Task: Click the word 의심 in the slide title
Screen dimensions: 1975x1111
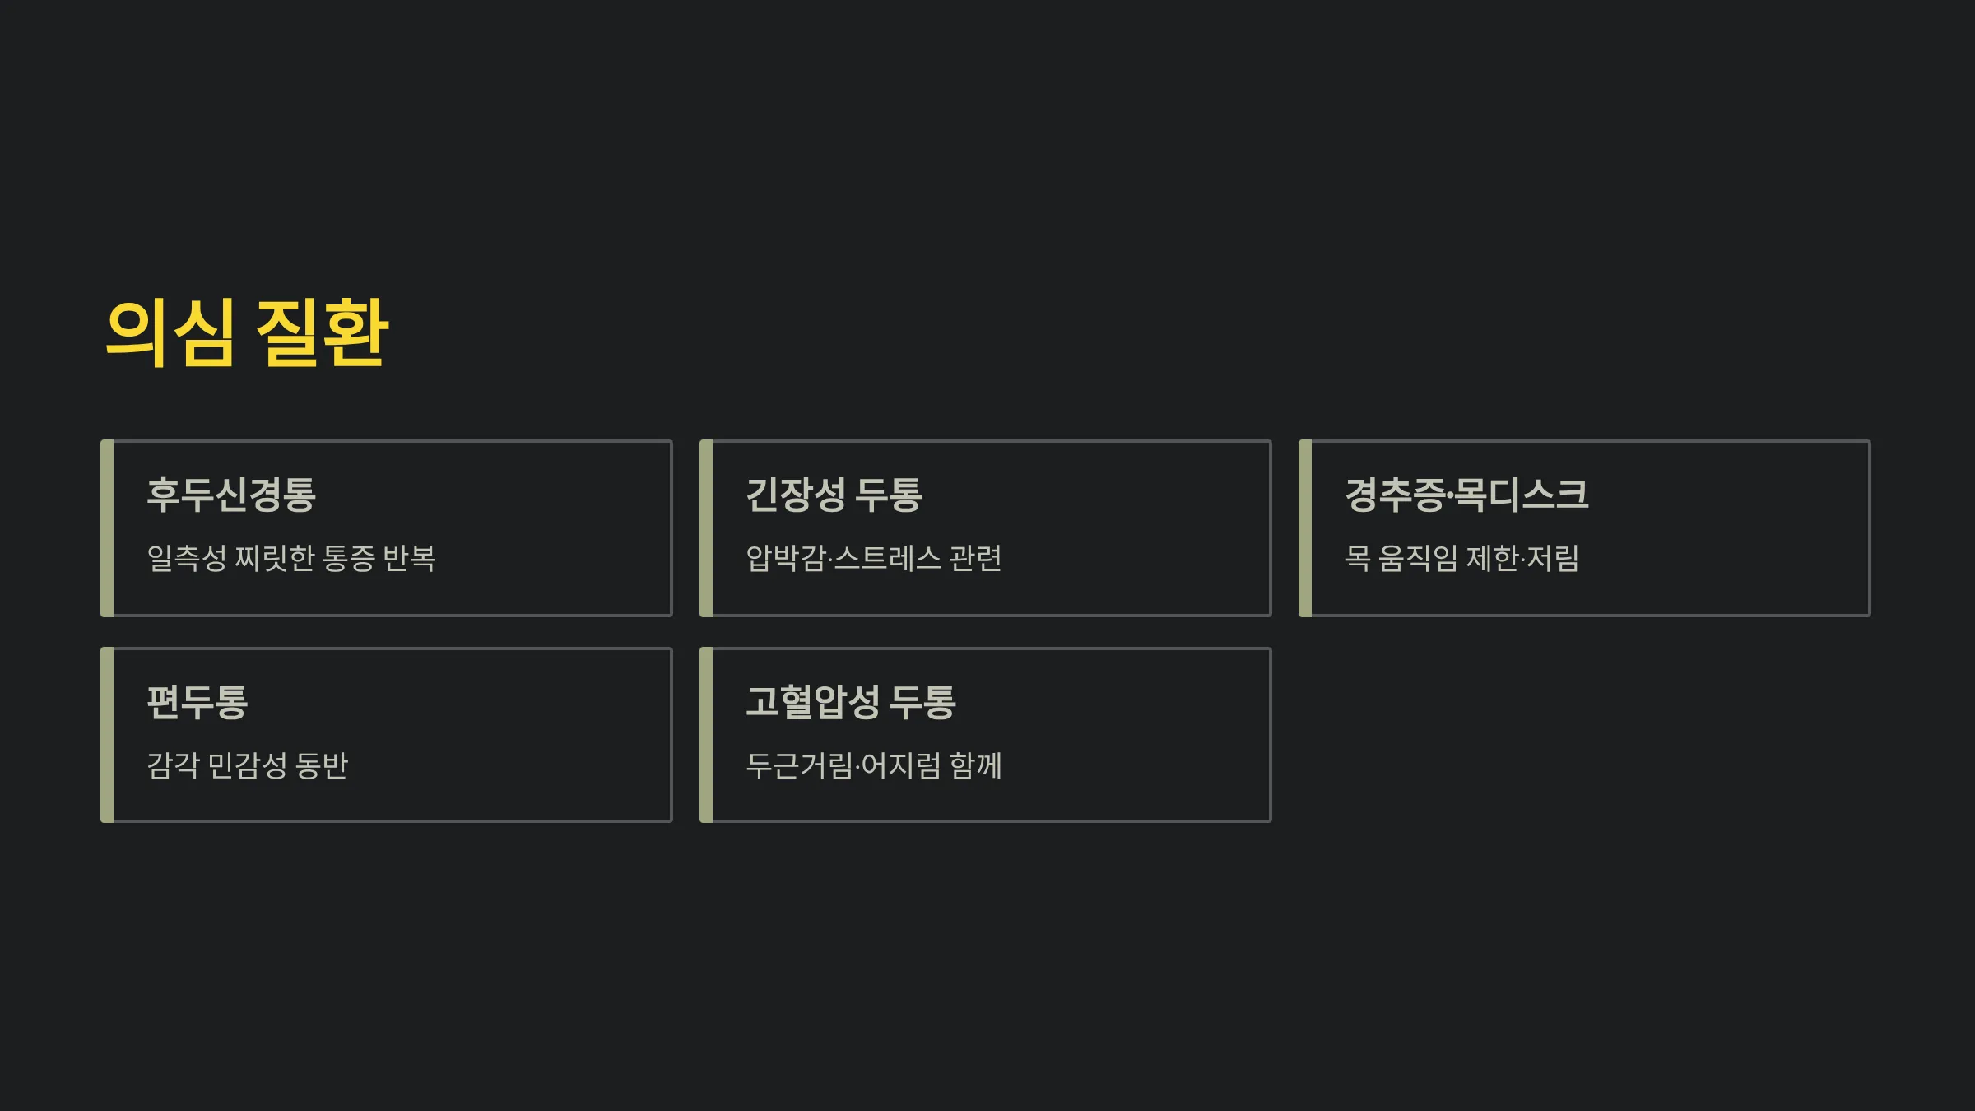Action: pyautogui.click(x=170, y=332)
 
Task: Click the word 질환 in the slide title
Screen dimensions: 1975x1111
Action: pyautogui.click(x=322, y=332)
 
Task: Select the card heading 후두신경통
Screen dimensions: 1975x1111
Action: pyautogui.click(x=231, y=495)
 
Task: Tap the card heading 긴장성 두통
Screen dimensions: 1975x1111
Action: pyautogui.click(x=834, y=495)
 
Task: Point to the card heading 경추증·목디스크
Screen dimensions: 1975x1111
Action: pyautogui.click(x=1466, y=495)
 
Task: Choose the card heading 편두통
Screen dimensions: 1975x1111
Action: pyautogui.click(x=197, y=702)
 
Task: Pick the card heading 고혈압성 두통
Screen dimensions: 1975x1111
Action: pyautogui.click(x=851, y=702)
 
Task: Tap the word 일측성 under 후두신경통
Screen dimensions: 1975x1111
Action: pyautogui.click(x=187, y=558)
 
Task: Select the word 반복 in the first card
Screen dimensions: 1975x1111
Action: pyautogui.click(x=409, y=558)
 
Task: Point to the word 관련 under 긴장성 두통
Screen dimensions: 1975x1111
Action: pyautogui.click(x=975, y=558)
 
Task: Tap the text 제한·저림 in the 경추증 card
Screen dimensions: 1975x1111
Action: pyautogui.click(x=1523, y=558)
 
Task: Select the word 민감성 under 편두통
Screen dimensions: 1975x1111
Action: pyautogui.click(x=247, y=765)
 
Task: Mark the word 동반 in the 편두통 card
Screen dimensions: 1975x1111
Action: pyautogui.click(x=322, y=765)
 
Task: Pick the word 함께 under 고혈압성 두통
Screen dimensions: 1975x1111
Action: pyautogui.click(x=975, y=765)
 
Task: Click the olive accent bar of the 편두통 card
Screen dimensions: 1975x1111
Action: pyautogui.click(x=107, y=735)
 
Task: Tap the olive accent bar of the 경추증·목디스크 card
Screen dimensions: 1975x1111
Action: pyautogui.click(x=1305, y=528)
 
